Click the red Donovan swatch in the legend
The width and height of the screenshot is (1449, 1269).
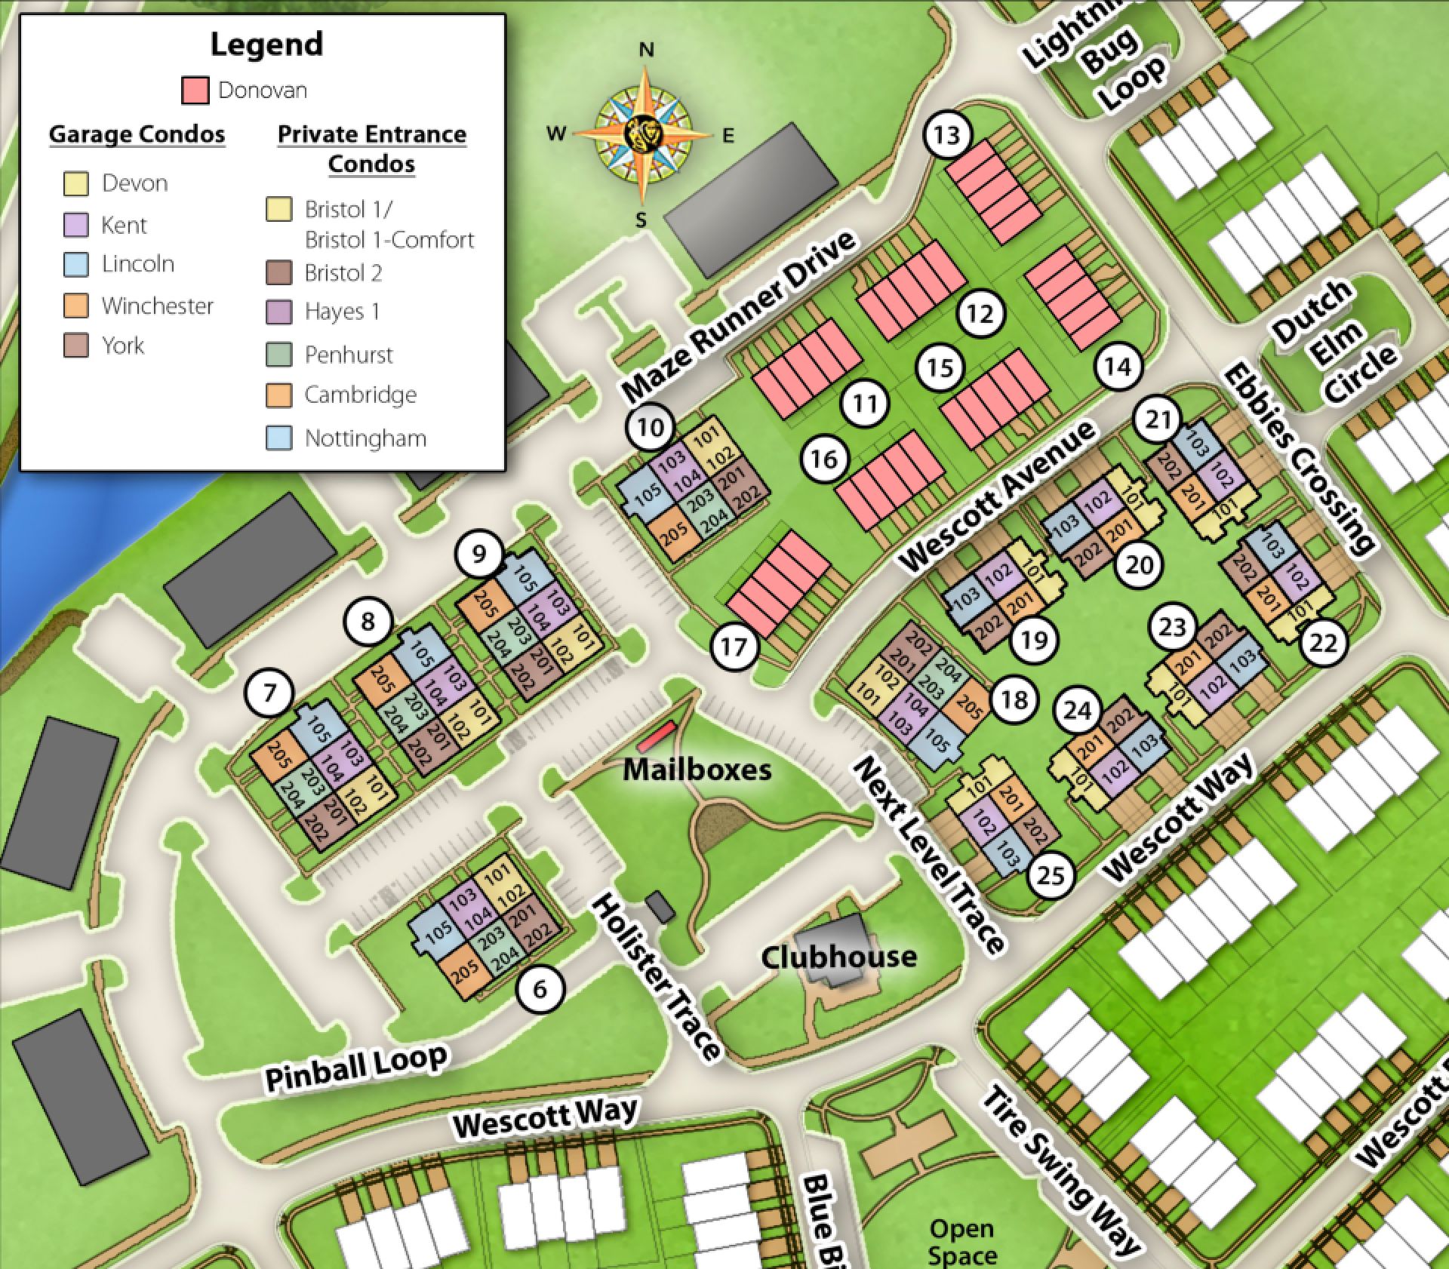click(195, 91)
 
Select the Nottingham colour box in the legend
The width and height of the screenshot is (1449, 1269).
click(279, 438)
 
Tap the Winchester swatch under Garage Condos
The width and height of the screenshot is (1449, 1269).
click(76, 306)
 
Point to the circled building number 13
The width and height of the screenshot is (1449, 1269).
click(946, 135)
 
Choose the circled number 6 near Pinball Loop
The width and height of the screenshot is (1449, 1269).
click(540, 988)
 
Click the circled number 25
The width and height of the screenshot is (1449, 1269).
click(1051, 875)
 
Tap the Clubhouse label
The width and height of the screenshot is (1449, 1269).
click(838, 957)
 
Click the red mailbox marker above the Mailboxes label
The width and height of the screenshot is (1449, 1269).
click(656, 736)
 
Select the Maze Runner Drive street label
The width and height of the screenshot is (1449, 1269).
click(740, 317)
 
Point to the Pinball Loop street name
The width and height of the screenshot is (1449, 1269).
click(356, 1067)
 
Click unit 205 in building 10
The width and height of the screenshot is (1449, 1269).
click(674, 533)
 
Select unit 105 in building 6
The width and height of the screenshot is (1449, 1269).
click(438, 933)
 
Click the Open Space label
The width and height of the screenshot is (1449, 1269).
click(961, 1240)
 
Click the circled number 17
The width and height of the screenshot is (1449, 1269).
click(734, 646)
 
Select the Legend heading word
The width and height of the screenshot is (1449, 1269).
click(266, 44)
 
